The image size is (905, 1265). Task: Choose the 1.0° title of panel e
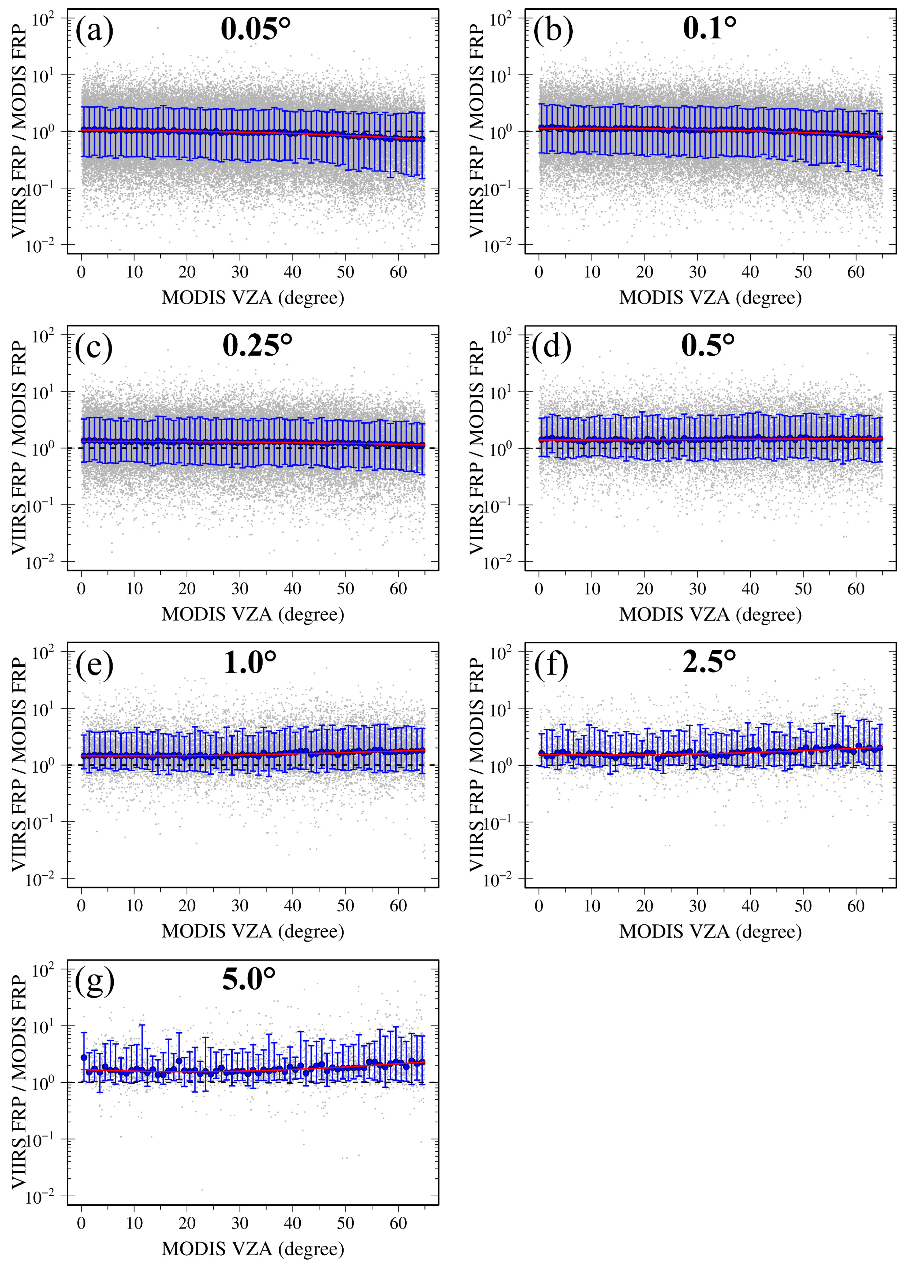250,662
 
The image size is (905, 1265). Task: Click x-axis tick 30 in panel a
240,272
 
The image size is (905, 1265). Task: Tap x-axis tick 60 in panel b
855,272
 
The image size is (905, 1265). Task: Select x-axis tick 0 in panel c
81,589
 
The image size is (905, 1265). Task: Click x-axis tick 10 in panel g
134,1223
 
